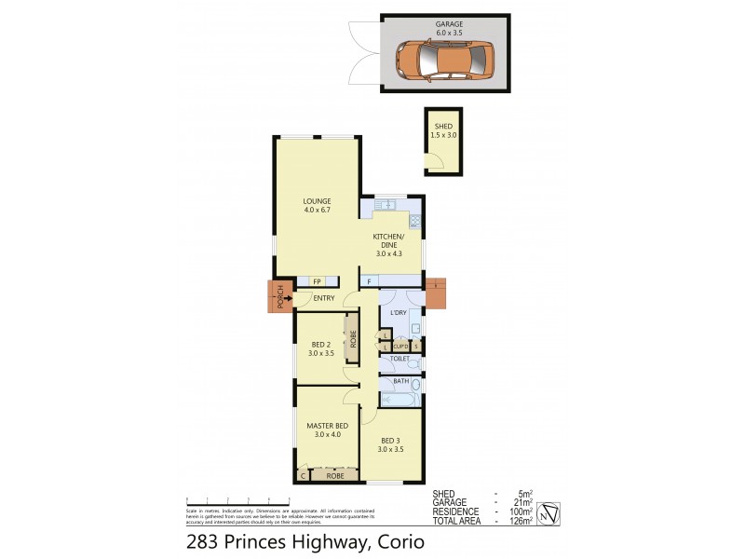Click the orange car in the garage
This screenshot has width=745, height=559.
(x=445, y=61)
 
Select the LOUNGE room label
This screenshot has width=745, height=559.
(x=317, y=201)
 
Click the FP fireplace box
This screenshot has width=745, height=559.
(x=316, y=281)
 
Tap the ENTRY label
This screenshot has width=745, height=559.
(x=323, y=298)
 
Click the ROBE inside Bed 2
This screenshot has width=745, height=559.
(x=352, y=338)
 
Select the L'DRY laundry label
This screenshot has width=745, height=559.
(x=398, y=311)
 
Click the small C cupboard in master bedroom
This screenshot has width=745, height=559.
(x=303, y=475)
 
